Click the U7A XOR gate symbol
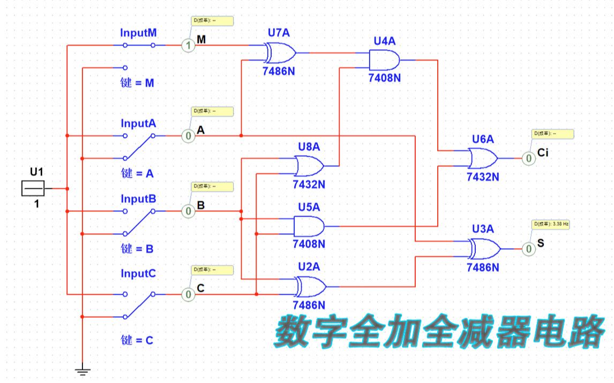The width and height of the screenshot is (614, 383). click(x=280, y=53)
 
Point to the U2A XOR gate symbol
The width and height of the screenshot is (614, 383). click(x=310, y=287)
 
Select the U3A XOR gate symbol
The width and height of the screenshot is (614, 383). click(x=485, y=249)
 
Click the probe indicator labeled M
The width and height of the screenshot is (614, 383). click(x=188, y=46)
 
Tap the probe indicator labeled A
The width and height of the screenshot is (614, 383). click(x=188, y=136)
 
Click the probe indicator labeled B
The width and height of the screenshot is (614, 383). click(x=188, y=212)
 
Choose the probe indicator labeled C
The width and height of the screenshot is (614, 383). click(x=188, y=294)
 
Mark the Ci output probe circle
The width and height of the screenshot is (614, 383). click(x=528, y=158)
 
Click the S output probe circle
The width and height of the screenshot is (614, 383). click(x=528, y=249)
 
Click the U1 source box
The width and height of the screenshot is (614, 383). click(x=33, y=189)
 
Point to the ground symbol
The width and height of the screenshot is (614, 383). click(x=82, y=369)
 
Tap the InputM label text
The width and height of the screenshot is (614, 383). click(x=139, y=33)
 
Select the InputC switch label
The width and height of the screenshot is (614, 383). click(x=139, y=274)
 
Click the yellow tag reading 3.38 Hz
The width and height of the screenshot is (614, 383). click(x=550, y=225)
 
